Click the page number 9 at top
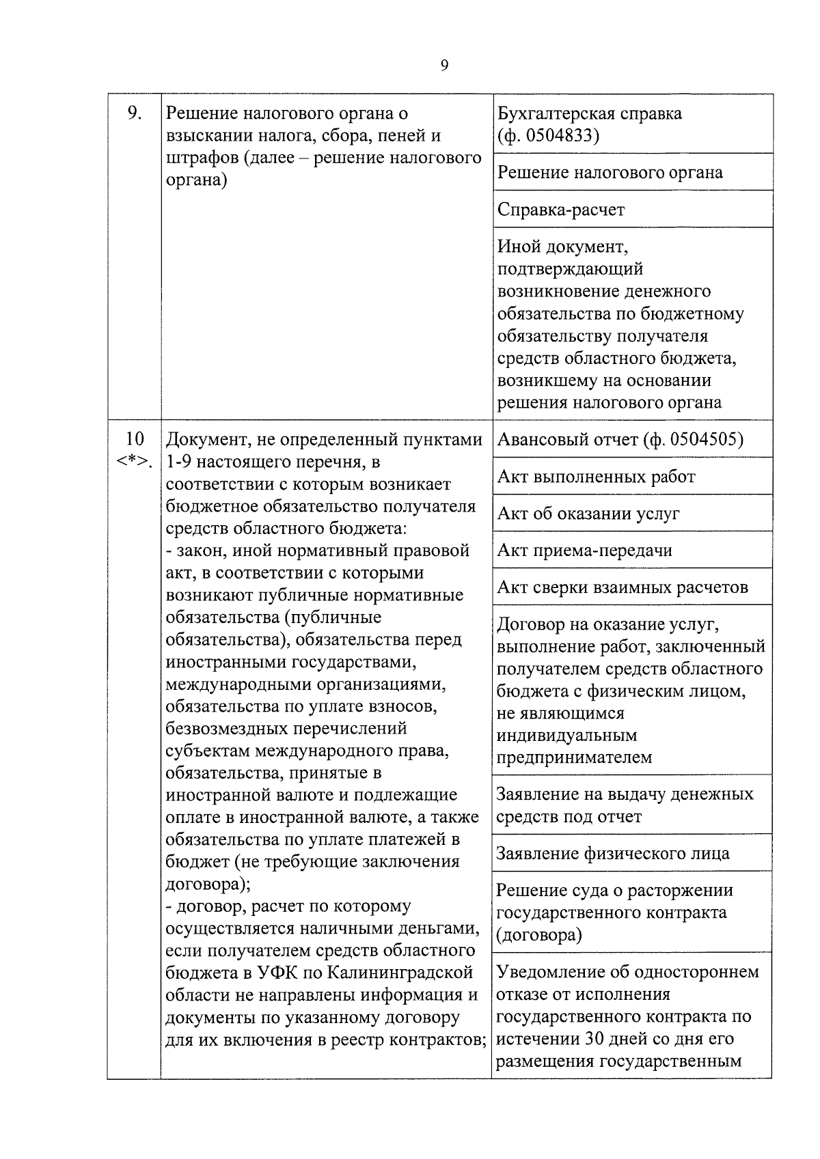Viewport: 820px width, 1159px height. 444,66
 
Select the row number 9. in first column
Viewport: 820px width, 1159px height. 135,113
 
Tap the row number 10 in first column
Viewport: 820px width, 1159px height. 135,438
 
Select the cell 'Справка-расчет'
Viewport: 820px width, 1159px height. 561,210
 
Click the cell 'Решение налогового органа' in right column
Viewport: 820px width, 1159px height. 610,173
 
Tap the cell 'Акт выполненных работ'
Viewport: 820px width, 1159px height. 596,477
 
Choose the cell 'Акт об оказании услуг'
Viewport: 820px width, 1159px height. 588,514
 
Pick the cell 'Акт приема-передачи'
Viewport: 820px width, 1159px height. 584,550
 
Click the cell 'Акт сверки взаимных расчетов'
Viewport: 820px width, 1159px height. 623,587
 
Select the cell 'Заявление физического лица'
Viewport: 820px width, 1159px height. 613,854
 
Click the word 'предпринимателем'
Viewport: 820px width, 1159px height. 574,757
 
